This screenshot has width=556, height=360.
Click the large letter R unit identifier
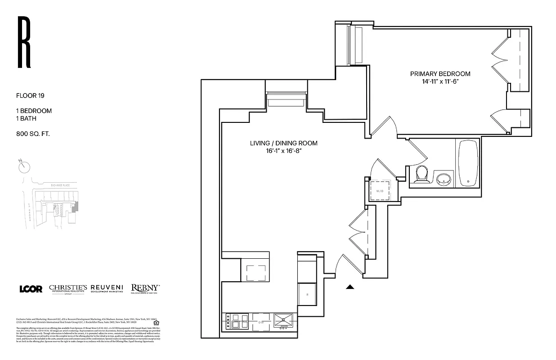click(x=23, y=42)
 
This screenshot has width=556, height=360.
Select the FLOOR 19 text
click(x=30, y=95)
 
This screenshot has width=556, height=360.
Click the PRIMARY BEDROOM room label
click(x=440, y=74)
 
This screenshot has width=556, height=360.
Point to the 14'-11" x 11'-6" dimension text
click(x=440, y=81)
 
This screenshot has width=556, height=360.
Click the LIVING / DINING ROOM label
click(x=283, y=143)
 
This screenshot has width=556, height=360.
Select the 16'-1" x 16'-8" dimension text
click(x=283, y=151)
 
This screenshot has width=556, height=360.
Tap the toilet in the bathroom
click(x=422, y=173)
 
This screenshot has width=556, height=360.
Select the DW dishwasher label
click(x=261, y=322)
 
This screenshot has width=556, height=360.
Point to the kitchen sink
click(x=283, y=320)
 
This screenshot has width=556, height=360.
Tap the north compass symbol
click(x=24, y=166)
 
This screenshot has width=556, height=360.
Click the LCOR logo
click(x=31, y=289)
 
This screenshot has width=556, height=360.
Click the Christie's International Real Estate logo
click(x=68, y=289)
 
